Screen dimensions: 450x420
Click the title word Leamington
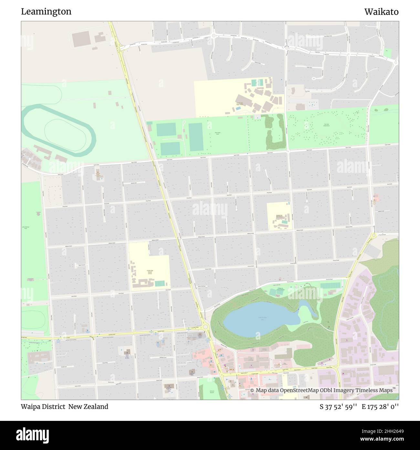click(x=46, y=12)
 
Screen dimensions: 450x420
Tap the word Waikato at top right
click(x=381, y=12)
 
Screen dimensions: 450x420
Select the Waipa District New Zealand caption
click(x=65, y=407)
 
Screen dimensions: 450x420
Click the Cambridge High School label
click(x=240, y=104)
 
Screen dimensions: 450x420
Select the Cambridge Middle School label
click(x=150, y=272)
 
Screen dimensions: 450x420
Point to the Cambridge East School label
click(x=279, y=216)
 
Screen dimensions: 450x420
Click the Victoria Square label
click(x=212, y=392)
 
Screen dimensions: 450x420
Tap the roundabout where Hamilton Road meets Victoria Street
click(x=205, y=328)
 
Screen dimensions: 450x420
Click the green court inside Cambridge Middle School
click(x=160, y=284)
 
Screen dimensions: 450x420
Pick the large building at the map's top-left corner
click(x=79, y=39)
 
